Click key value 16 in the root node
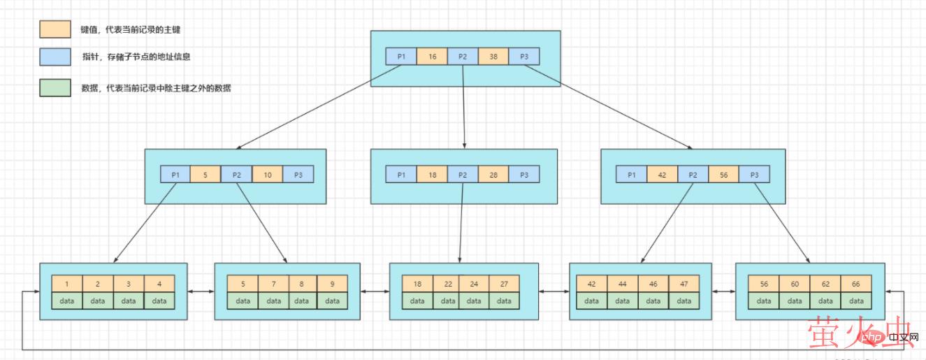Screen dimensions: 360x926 tap(432, 57)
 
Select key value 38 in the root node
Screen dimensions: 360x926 tap(493, 57)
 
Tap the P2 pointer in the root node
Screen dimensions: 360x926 tap(463, 57)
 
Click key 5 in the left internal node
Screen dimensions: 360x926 tap(205, 175)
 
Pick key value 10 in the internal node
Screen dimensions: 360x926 tap(267, 175)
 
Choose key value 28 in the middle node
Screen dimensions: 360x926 tap(493, 175)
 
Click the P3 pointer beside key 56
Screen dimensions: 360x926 tap(754, 175)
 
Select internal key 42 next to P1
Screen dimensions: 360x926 tap(662, 175)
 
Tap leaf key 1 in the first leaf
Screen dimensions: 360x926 tap(67, 284)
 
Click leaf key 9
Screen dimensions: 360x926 tap(332, 284)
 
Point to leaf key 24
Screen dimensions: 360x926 tap(475, 284)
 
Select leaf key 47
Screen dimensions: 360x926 tap(684, 284)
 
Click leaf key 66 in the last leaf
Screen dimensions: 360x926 tap(856, 284)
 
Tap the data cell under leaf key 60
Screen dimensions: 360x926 tap(795, 301)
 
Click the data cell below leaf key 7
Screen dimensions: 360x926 tap(273, 301)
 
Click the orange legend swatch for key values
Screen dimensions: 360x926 tap(55, 29)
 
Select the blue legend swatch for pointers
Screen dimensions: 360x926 tap(55, 57)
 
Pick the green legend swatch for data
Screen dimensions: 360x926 tap(55, 88)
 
